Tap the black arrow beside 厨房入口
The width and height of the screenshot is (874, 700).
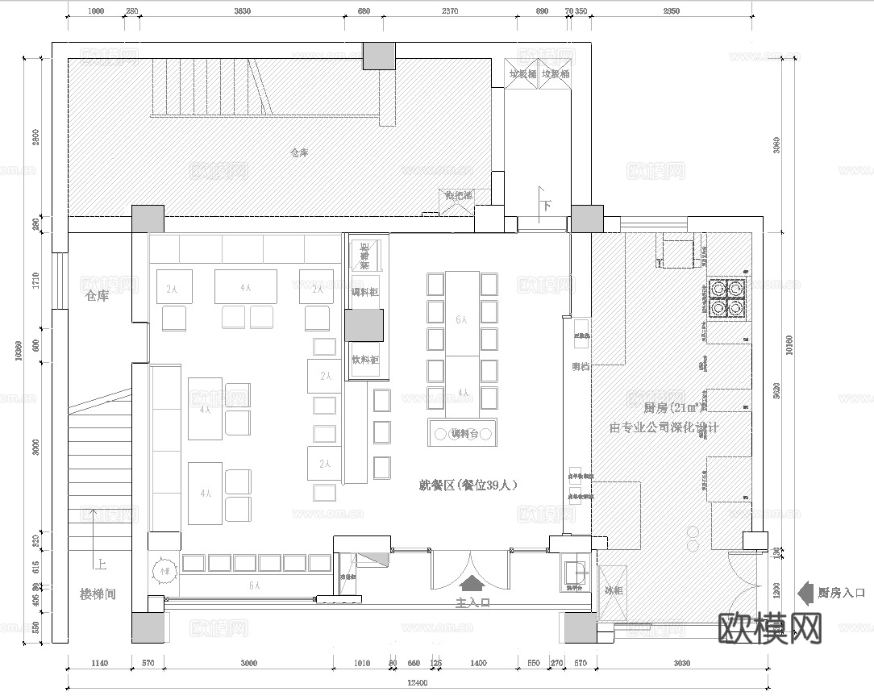[805, 592]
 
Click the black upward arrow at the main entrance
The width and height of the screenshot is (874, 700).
[472, 581]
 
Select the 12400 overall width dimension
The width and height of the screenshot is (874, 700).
[418, 683]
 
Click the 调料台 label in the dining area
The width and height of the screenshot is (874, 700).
[464, 434]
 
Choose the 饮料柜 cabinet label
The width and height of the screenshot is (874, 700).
[364, 360]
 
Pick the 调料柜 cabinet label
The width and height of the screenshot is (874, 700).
[365, 292]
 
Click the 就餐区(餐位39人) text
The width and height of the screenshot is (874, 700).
[467, 485]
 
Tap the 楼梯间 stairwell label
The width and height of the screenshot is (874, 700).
[98, 594]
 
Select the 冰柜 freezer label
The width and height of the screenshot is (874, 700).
[614, 590]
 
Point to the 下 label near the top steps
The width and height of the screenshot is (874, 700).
[546, 206]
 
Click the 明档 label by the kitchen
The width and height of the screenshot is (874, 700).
[581, 366]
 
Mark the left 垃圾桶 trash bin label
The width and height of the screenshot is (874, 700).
[522, 73]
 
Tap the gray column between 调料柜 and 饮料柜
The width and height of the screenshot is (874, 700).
[364, 326]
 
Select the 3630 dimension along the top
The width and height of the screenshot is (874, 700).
[241, 11]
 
